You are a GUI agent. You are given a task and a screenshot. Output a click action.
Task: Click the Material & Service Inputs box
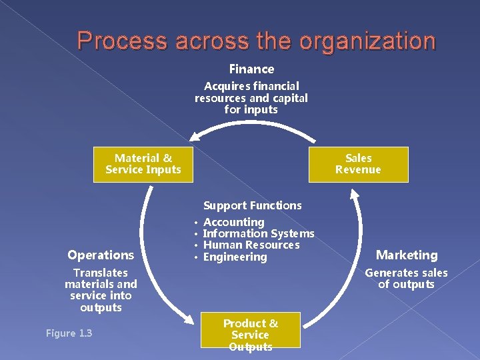click(143, 164)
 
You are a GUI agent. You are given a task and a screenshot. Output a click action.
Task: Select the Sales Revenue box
click(358, 164)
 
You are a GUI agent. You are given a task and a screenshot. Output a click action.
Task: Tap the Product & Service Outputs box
click(251, 335)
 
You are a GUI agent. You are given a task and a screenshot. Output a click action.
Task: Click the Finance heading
click(251, 69)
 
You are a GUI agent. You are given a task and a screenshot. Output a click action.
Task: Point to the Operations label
click(101, 255)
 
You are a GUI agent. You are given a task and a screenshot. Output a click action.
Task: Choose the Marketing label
click(407, 255)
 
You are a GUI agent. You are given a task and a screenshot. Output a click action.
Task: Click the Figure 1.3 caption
click(69, 333)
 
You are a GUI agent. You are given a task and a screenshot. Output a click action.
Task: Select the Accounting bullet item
click(233, 222)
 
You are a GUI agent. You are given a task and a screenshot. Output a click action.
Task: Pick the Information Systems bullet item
click(258, 233)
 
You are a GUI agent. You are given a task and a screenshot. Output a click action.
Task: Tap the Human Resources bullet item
click(251, 245)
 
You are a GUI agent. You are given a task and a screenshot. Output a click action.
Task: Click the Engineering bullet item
click(235, 257)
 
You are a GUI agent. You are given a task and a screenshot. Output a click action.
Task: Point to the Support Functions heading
click(252, 205)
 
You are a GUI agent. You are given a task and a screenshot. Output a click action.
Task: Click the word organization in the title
click(367, 41)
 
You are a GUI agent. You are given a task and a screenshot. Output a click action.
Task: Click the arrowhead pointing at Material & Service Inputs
click(194, 136)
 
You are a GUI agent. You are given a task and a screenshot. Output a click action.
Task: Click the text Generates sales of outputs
click(406, 279)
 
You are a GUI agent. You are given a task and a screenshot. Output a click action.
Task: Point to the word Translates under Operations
click(101, 273)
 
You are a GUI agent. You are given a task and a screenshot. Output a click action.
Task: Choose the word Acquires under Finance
click(223, 86)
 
